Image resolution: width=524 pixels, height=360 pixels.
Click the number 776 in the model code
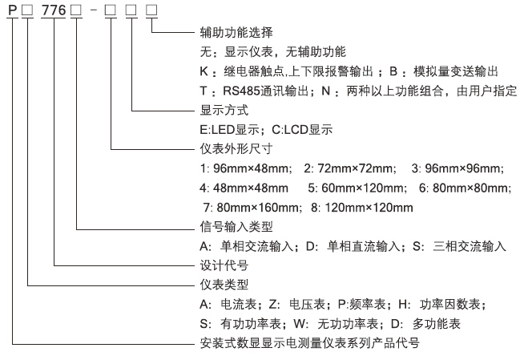pyautogui.click(x=53, y=10)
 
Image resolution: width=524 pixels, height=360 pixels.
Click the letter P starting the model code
pyautogui.click(x=12, y=10)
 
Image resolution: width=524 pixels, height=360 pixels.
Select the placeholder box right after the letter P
pyautogui.click(x=27, y=10)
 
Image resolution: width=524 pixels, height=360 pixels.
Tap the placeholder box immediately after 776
pyautogui.click(x=76, y=10)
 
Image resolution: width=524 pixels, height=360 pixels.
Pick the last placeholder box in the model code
pyautogui.click(x=151, y=10)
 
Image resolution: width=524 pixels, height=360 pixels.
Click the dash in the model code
pyautogui.click(x=94, y=10)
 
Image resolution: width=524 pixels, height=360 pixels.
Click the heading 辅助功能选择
pyautogui.click(x=236, y=32)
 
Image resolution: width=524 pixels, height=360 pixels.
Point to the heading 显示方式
pyautogui.click(x=224, y=110)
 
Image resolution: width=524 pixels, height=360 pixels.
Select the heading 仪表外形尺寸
pyautogui.click(x=236, y=149)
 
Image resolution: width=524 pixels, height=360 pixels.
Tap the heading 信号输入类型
pyautogui.click(x=236, y=227)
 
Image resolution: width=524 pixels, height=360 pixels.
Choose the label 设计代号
pyautogui.click(x=224, y=265)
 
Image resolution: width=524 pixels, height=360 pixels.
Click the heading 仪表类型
pyautogui.click(x=224, y=285)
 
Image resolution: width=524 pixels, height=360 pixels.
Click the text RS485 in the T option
pyautogui.click(x=241, y=91)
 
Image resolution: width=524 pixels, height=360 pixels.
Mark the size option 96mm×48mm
pyautogui.click(x=252, y=168)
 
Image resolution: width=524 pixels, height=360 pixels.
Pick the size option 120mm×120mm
pyautogui.click(x=369, y=208)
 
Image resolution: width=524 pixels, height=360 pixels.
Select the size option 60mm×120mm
pyautogui.click(x=363, y=188)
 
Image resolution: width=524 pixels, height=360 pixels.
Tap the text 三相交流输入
pyautogui.click(x=470, y=246)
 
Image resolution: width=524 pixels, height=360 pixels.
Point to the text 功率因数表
pyautogui.click(x=450, y=304)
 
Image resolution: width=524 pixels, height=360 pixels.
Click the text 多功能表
pyautogui.click(x=436, y=324)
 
